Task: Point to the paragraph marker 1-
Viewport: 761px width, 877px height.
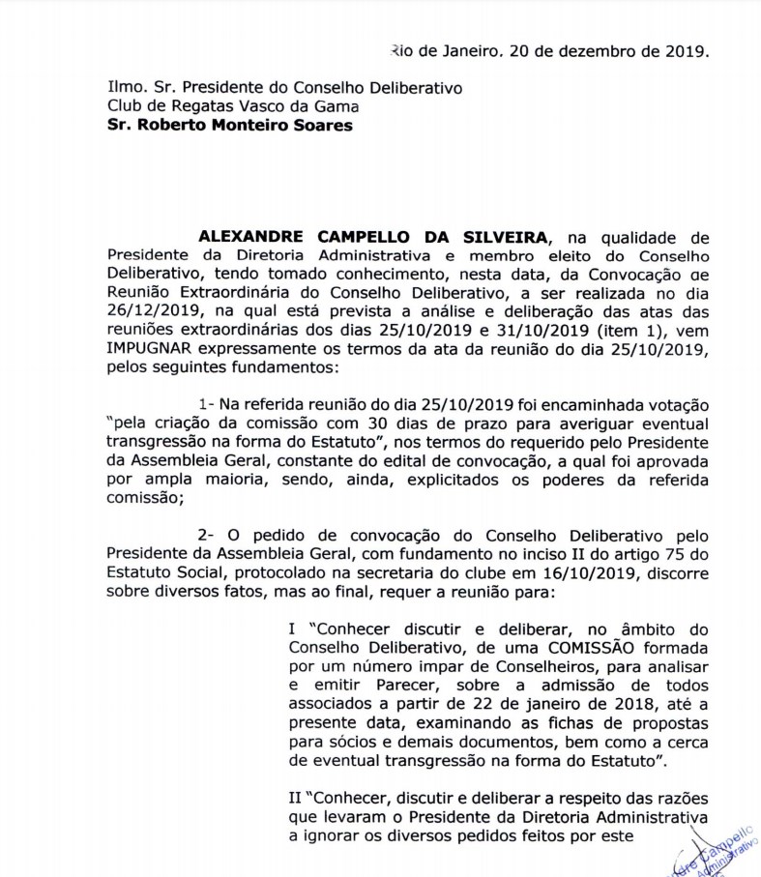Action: click(206, 404)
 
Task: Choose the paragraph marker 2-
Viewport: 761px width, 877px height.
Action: click(207, 534)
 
